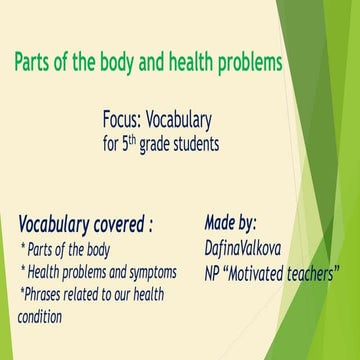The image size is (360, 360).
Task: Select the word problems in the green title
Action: tap(248, 62)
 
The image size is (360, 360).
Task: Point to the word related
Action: tap(99, 294)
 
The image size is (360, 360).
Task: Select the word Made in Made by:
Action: tap(220, 221)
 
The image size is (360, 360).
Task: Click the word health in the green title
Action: tap(188, 62)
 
